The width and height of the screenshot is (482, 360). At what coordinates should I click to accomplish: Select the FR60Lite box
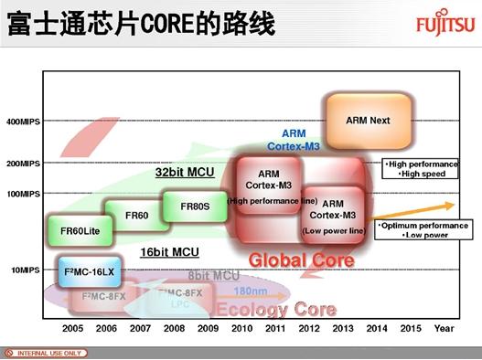[75, 230]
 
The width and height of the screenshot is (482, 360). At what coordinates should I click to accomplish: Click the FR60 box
[136, 215]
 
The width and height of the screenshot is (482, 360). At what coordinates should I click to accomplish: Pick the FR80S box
[195, 206]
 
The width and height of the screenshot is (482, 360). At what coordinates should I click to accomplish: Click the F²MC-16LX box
[86, 272]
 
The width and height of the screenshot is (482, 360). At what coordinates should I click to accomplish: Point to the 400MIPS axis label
[23, 121]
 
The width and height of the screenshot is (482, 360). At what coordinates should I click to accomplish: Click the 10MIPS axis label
[26, 270]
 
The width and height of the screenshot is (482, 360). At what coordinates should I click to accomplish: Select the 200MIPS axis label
[23, 164]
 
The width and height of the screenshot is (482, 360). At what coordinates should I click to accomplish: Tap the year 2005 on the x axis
[74, 327]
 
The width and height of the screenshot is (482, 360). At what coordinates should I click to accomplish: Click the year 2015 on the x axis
[411, 327]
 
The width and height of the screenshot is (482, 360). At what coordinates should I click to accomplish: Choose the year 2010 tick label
[242, 327]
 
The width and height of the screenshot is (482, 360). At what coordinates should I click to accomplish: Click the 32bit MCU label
[184, 172]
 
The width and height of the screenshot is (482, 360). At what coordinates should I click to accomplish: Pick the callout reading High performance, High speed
[419, 169]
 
